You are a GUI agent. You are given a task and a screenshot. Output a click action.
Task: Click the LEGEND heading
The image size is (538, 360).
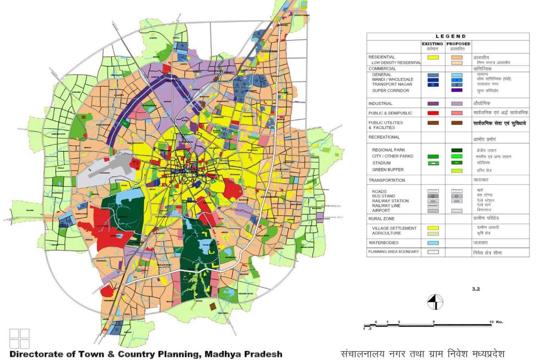(451, 36)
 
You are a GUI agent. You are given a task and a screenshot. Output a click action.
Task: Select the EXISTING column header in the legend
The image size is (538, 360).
(432, 44)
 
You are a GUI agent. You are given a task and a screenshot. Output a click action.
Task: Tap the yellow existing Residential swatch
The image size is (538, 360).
(433, 57)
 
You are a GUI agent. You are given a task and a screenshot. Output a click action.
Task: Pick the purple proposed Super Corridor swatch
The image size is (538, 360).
(457, 90)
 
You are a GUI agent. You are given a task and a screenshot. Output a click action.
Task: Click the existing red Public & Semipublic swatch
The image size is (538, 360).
(433, 113)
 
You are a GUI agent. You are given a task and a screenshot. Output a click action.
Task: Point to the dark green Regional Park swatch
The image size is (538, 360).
(457, 150)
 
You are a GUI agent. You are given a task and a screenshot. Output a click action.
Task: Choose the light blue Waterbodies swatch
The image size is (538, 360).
(433, 243)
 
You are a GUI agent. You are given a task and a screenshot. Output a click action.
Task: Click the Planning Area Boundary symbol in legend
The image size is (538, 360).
(433, 252)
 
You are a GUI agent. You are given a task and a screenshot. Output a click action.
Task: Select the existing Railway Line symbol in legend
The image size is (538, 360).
(433, 206)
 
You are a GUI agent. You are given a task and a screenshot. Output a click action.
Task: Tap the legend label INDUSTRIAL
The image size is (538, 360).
(380, 104)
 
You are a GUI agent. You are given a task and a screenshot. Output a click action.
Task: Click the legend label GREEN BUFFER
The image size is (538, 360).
(388, 170)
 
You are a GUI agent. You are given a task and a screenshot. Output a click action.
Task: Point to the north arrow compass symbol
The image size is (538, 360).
(435, 302)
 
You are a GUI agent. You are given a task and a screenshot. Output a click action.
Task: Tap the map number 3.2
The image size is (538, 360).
(476, 289)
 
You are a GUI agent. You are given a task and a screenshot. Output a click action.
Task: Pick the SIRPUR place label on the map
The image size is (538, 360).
(152, 189)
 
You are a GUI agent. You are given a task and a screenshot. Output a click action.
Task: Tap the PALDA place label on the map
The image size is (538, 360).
(221, 218)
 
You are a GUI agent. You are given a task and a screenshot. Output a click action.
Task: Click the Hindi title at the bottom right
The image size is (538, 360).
(422, 354)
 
